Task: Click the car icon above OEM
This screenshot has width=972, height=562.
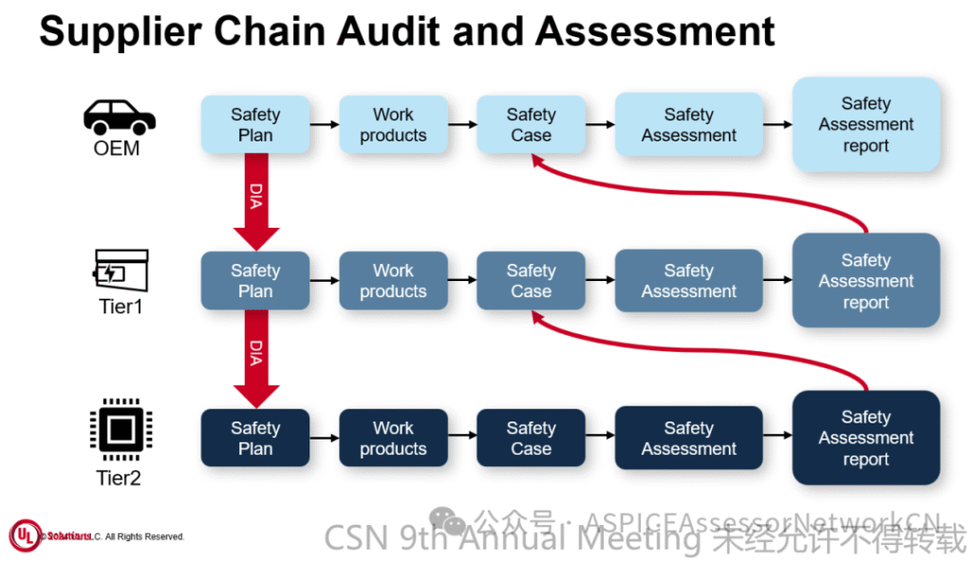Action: click(119, 117)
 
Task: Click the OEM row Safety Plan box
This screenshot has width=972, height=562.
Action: click(254, 125)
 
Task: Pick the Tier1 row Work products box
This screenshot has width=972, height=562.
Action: click(393, 281)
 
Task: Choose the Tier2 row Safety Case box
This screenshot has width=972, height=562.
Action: click(531, 439)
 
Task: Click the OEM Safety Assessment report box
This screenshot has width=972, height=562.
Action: click(866, 124)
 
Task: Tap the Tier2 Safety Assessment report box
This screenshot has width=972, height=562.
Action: click(866, 438)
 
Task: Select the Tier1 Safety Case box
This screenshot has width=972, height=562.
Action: click(531, 281)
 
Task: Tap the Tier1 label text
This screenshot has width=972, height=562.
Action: click(120, 307)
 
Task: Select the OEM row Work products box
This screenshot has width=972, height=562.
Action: click(393, 125)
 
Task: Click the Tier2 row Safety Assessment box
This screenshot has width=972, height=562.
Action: click(688, 439)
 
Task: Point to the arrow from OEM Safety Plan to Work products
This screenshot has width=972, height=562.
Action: click(325, 124)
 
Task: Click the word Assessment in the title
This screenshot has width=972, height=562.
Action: click(655, 32)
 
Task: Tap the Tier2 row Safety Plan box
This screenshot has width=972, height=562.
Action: click(254, 439)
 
